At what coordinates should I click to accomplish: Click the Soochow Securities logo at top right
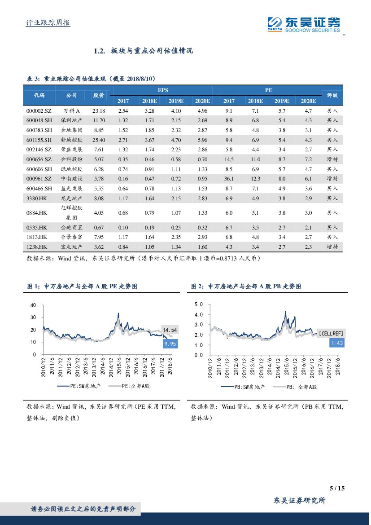pos(304,23)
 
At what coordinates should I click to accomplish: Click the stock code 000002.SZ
pos(39,110)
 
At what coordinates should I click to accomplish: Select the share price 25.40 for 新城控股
pos(99,140)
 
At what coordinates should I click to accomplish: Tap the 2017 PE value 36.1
pos(229,179)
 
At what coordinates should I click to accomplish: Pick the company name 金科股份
pos(71,159)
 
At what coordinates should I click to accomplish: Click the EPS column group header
pos(162,90)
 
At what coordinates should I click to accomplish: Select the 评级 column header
pos(332,95)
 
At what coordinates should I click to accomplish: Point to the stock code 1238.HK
pos(37,247)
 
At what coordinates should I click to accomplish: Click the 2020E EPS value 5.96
pos(202,140)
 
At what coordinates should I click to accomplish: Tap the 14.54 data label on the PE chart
pos(170,330)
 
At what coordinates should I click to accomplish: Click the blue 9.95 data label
pos(170,344)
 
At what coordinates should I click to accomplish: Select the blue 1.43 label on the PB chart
pos(336,343)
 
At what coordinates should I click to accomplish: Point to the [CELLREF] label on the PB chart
pos(331,333)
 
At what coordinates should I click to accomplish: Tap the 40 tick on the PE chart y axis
pos(33,305)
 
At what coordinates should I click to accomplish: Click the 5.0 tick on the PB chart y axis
pos(198,304)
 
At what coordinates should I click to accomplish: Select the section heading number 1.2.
pos(99,51)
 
